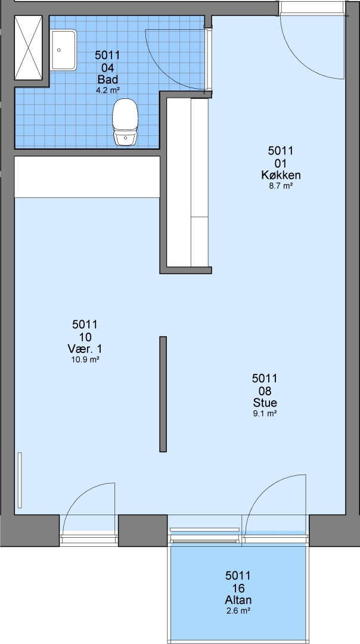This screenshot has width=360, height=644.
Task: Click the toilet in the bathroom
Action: click(x=125, y=122)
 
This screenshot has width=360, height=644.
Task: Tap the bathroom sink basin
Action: click(x=64, y=49)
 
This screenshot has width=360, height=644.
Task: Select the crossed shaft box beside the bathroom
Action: click(x=29, y=48)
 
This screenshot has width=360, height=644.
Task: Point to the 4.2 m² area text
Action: click(x=107, y=91)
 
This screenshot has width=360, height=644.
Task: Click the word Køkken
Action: click(x=281, y=175)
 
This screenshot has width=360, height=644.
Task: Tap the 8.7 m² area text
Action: click(x=281, y=186)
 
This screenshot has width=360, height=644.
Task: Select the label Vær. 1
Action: click(x=85, y=349)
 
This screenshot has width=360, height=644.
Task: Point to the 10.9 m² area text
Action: click(x=85, y=360)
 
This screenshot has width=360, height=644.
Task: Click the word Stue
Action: click(x=265, y=402)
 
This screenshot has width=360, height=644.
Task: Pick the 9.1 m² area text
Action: click(x=265, y=414)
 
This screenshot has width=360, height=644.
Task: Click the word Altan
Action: click(x=238, y=600)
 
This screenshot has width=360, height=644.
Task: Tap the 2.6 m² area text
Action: click(x=238, y=611)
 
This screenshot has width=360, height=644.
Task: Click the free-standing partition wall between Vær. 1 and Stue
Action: click(x=163, y=394)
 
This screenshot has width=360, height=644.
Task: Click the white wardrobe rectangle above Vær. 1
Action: click(x=87, y=177)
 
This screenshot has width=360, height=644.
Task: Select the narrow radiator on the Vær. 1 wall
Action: click(x=19, y=480)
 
